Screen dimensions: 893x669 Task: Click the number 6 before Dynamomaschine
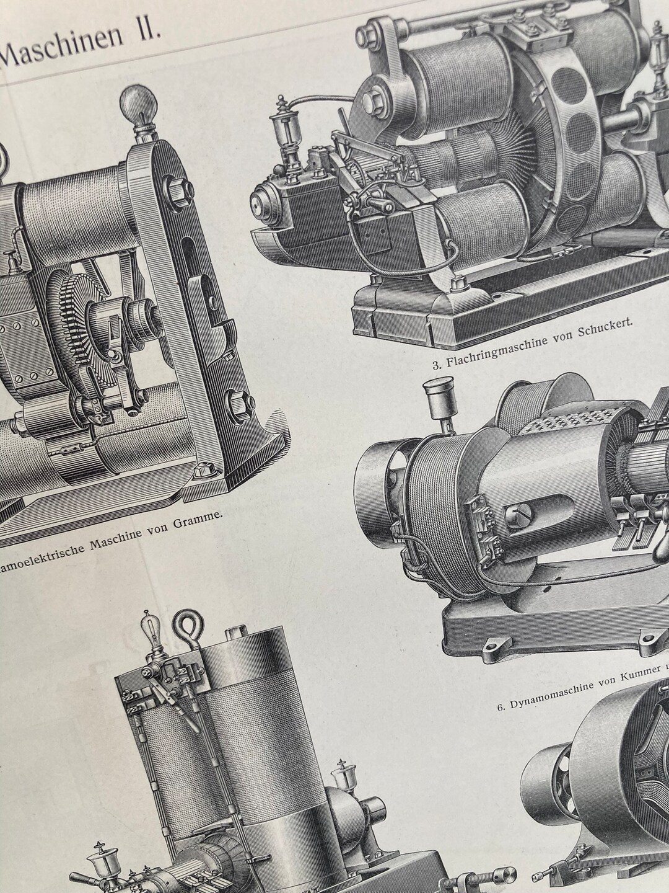click(x=501, y=706)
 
